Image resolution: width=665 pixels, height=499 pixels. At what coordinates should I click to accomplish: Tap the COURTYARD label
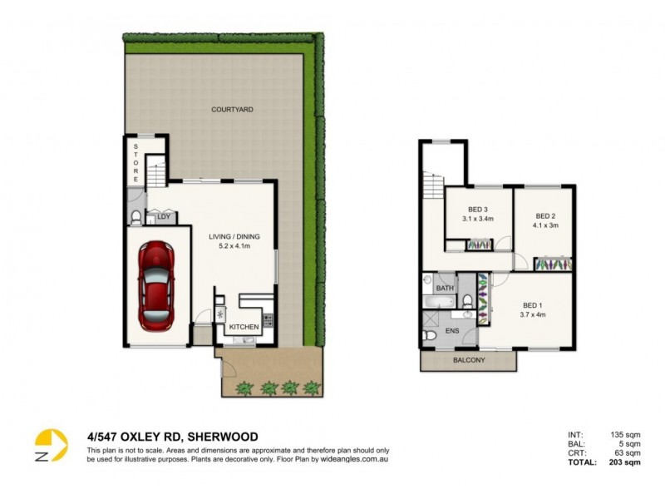click(232, 110)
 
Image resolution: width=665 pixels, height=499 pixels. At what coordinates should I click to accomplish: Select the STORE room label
click(136, 162)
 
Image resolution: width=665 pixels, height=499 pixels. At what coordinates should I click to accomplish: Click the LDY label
click(163, 218)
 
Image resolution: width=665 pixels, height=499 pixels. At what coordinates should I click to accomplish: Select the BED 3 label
click(477, 209)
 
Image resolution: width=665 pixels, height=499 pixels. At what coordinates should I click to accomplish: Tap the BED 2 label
click(545, 215)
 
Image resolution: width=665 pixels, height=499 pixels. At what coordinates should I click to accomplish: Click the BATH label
click(446, 289)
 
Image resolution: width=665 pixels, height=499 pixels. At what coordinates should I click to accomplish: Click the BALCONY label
click(470, 361)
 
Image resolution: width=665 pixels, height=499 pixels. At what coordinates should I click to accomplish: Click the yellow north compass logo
click(50, 445)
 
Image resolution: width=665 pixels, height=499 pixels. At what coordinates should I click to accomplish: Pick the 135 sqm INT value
click(616, 434)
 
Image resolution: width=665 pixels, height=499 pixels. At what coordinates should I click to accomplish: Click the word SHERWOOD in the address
click(224, 437)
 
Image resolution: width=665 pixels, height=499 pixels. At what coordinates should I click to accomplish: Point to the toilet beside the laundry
click(136, 219)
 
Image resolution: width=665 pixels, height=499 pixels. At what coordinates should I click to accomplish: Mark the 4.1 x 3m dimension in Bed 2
click(545, 225)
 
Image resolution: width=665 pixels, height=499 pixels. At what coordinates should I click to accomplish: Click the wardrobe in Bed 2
click(553, 264)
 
